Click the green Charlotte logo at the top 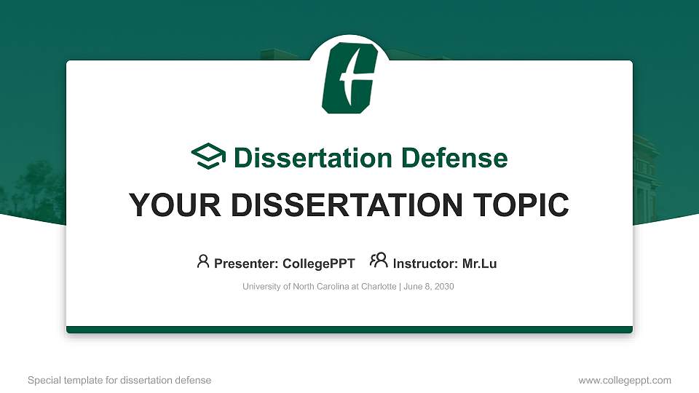(349, 76)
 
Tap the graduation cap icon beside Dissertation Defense (208, 157)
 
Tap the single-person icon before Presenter (203, 261)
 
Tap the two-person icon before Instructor (379, 261)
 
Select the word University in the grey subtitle (261, 287)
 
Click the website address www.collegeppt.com (625, 380)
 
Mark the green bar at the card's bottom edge (349, 330)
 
